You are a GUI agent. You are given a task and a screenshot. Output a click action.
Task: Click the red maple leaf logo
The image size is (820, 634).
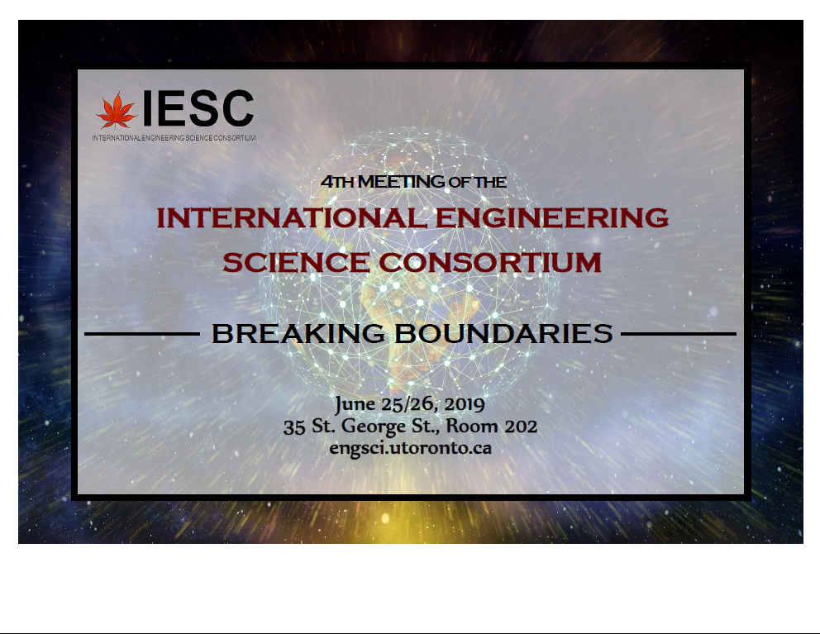(116, 111)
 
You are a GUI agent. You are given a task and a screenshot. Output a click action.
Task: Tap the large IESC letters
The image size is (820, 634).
(198, 108)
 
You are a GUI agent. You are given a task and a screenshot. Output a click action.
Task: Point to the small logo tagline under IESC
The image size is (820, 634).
(174, 138)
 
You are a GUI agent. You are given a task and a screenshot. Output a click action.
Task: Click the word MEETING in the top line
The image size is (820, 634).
(401, 182)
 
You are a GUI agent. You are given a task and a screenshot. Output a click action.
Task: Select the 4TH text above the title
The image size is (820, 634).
(338, 182)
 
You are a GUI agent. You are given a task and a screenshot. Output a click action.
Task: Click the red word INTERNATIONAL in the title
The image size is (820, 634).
(291, 217)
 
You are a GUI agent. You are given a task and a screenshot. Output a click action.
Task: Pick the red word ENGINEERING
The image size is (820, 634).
(552, 217)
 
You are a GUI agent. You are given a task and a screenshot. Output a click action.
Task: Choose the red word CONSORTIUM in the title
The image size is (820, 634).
(490, 262)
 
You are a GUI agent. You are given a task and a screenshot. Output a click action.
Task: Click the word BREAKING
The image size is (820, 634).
(298, 334)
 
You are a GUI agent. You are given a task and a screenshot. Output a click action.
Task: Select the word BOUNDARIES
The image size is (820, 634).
(503, 334)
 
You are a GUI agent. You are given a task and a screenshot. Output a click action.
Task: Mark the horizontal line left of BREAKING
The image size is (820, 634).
(142, 334)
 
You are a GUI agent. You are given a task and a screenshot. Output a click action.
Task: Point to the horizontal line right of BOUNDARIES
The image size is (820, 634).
(679, 334)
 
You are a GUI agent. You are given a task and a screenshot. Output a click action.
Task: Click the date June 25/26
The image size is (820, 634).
(387, 404)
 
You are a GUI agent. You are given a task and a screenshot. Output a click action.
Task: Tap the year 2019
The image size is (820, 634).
(465, 404)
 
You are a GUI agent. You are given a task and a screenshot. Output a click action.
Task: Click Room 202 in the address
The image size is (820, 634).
(492, 427)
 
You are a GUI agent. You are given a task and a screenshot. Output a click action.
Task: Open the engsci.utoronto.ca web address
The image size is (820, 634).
(411, 449)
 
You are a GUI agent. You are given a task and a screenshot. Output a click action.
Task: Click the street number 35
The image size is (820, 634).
(294, 427)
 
